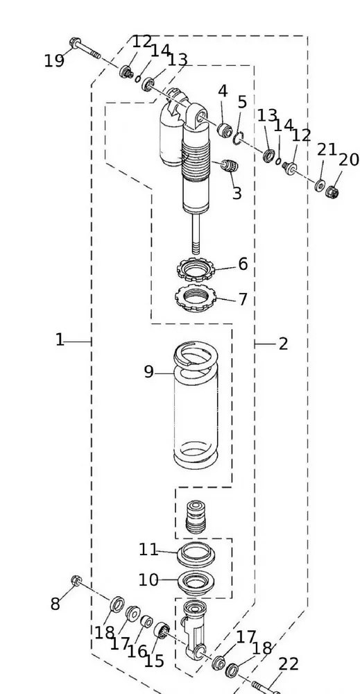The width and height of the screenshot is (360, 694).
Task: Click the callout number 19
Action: tap(54, 61)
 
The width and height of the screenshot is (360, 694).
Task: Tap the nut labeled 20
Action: tap(332, 192)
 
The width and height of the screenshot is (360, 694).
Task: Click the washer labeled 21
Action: tap(319, 185)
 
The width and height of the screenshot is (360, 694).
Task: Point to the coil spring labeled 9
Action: tap(196, 405)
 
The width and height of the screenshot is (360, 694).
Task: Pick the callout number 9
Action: tap(149, 372)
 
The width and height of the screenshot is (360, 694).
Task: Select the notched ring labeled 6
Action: tap(195, 269)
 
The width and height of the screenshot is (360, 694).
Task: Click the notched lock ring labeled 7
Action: tap(195, 298)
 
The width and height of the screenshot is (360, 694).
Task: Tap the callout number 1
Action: tap(60, 340)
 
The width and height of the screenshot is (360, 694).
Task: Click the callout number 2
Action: tap(283, 344)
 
